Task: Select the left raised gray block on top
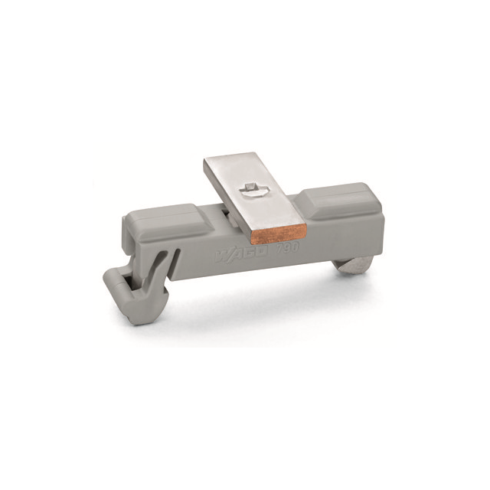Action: pyautogui.click(x=161, y=214)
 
